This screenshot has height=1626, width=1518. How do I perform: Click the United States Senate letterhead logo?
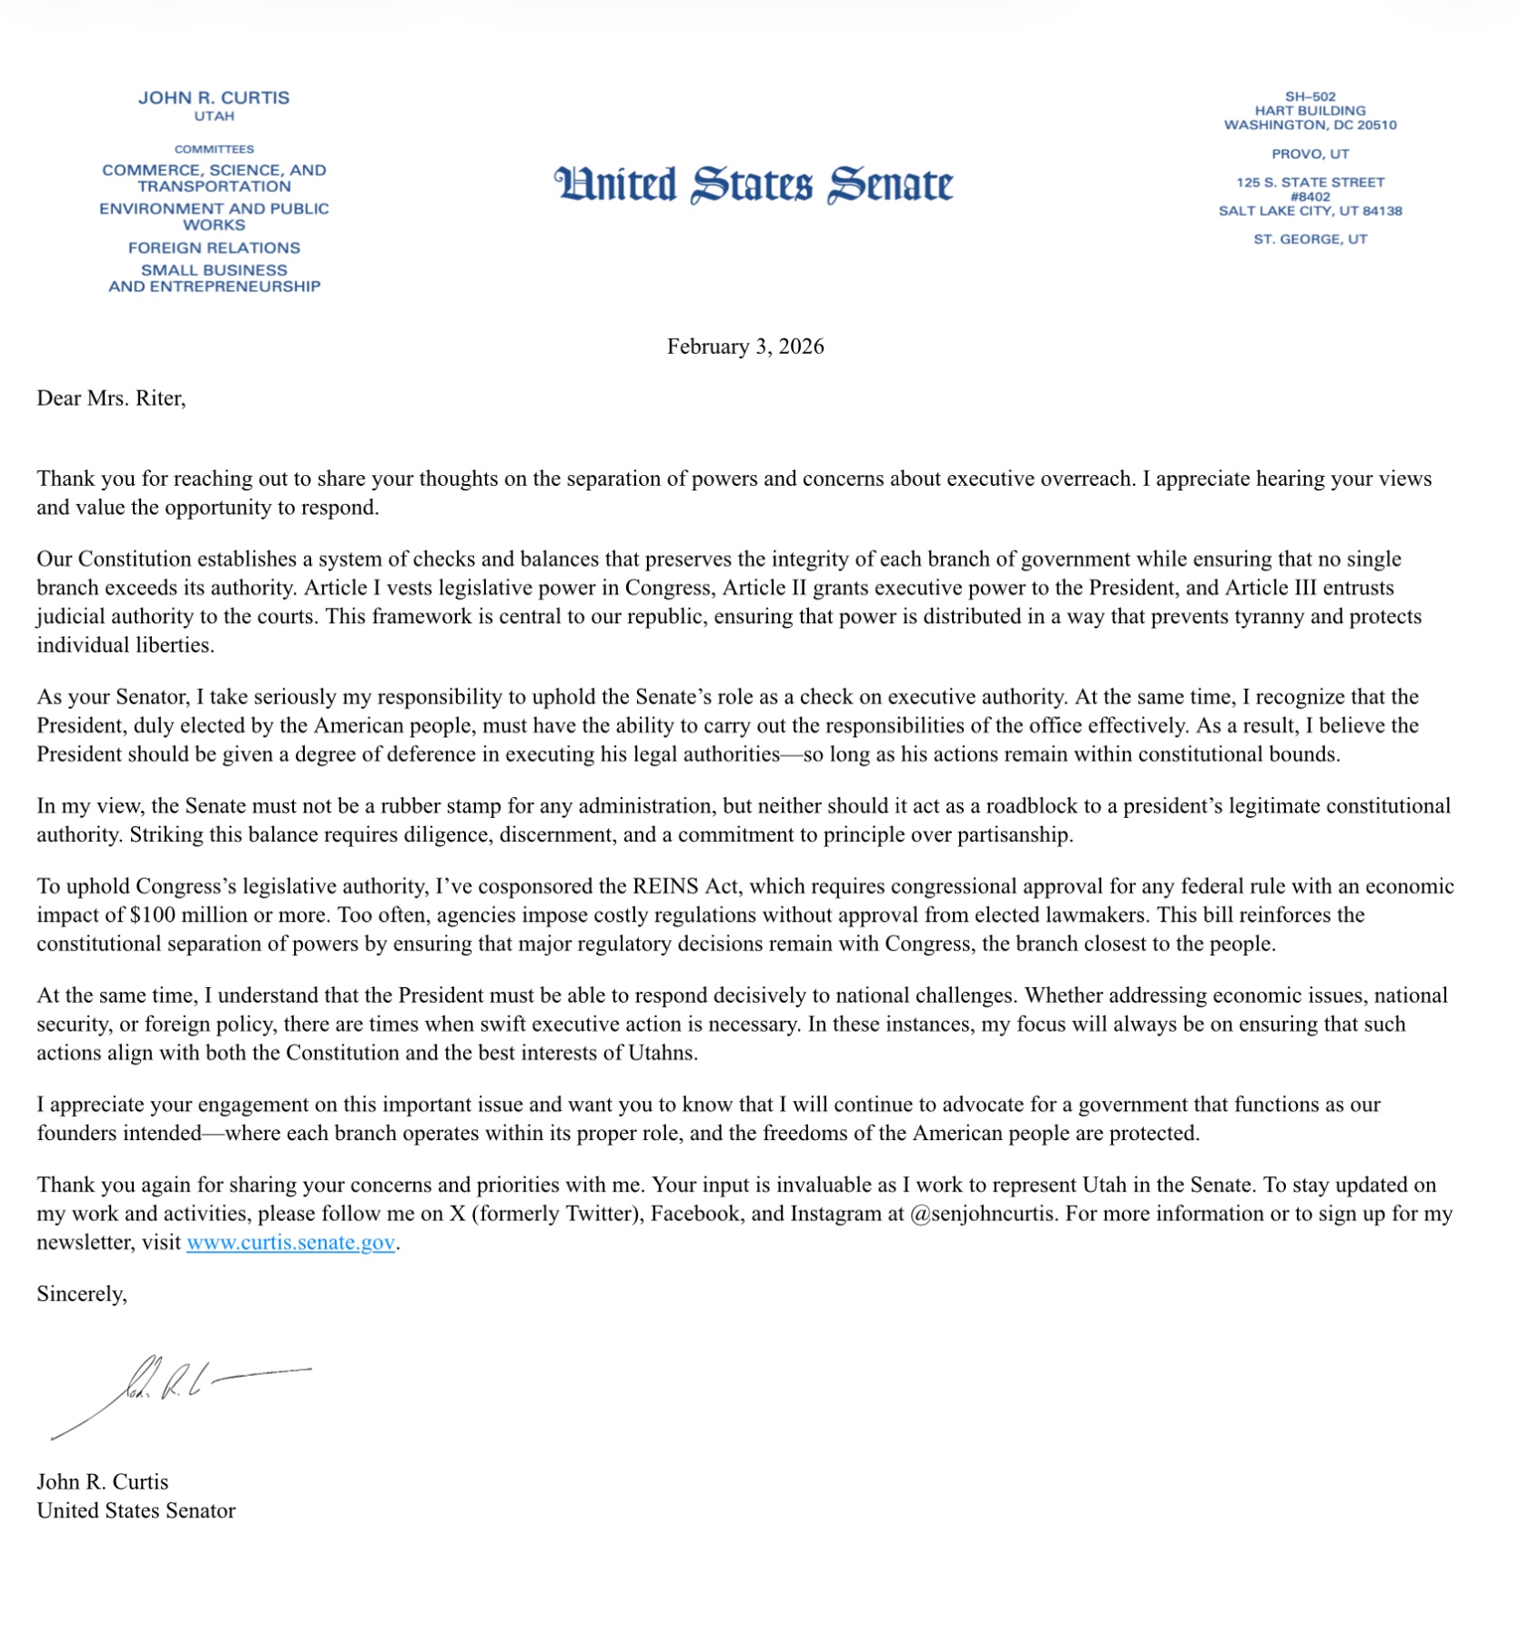pyautogui.click(x=754, y=185)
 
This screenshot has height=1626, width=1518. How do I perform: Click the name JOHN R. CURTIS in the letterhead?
pyautogui.click(x=214, y=97)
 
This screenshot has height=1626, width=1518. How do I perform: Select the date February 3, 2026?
pyautogui.click(x=744, y=347)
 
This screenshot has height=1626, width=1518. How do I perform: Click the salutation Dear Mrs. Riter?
pyautogui.click(x=111, y=399)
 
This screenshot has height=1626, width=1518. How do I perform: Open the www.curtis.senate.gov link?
pyautogui.click(x=290, y=1242)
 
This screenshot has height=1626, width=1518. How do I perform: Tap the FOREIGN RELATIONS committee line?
pyautogui.click(x=214, y=247)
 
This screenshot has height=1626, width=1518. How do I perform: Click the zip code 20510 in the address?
pyautogui.click(x=1377, y=125)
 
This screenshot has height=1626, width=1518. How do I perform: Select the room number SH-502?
pyautogui.click(x=1310, y=96)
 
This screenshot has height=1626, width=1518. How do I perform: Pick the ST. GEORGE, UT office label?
pyautogui.click(x=1310, y=239)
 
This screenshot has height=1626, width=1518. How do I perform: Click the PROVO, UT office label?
pyautogui.click(x=1310, y=154)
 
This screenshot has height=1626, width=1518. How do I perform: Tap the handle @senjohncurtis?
pyautogui.click(x=984, y=1214)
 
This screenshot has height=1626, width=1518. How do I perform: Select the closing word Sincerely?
pyautogui.click(x=81, y=1294)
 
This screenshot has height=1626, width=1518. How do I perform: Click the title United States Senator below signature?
pyautogui.click(x=136, y=1510)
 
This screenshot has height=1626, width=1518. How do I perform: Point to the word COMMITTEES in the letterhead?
pyautogui.click(x=214, y=149)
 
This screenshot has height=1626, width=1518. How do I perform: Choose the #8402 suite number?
pyautogui.click(x=1310, y=197)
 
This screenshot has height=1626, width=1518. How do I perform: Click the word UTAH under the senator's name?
pyautogui.click(x=214, y=116)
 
